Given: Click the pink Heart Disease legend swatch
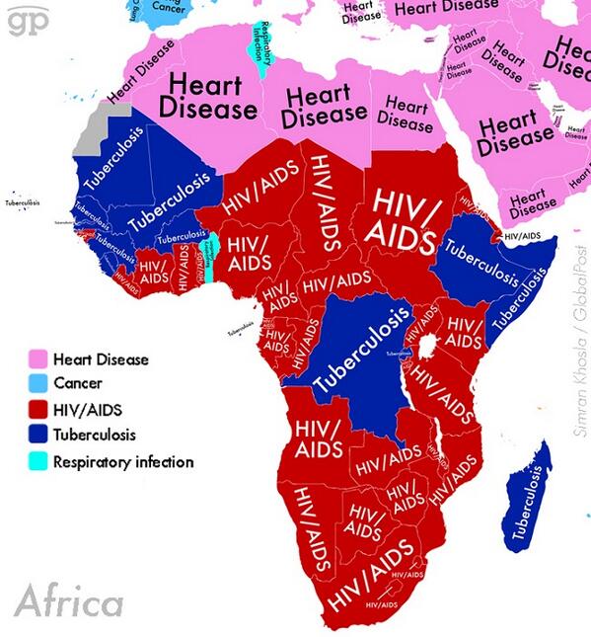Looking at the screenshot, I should click(38, 358).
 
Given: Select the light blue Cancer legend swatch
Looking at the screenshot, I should click(38, 382).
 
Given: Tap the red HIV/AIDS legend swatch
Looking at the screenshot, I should click(38, 408).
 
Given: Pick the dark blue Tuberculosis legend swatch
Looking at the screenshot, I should click(38, 434).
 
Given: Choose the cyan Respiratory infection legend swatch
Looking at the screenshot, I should click(38, 460).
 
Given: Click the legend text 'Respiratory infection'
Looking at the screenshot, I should click(123, 461).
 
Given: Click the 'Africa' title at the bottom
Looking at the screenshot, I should click(69, 600).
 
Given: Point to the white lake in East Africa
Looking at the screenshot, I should click(429, 349).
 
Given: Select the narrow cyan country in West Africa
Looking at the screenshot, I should click(207, 260).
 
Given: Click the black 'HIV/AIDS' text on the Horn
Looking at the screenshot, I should click(521, 237).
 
